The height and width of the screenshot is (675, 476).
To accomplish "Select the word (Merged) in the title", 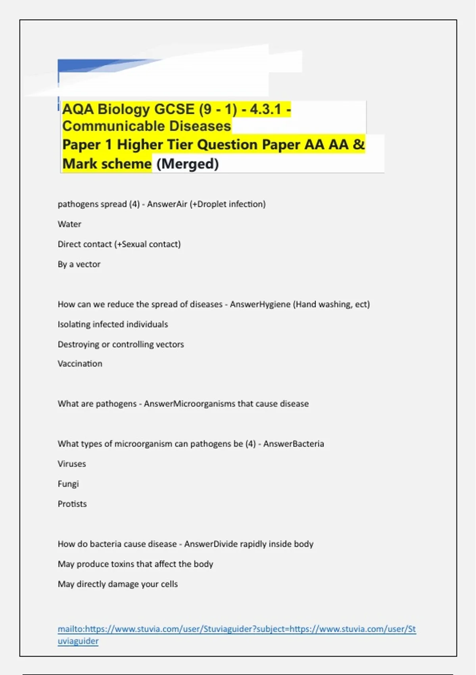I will (188, 164).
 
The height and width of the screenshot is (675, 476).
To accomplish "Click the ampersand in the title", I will (359, 144).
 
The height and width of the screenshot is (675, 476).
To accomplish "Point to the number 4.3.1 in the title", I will (265, 109).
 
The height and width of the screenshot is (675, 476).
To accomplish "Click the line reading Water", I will (69, 224).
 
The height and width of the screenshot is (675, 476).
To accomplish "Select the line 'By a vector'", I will (79, 264).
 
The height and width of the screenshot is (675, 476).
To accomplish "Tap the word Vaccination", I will (80, 364).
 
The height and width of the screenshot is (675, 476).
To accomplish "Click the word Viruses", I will (72, 464).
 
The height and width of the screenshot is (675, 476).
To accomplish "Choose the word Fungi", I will (68, 484).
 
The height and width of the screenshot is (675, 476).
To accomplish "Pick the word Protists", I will (72, 504).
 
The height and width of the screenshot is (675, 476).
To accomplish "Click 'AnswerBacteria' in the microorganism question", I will (294, 444).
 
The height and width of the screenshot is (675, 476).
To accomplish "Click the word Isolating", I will (74, 324).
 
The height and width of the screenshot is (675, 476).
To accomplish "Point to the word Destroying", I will (79, 344).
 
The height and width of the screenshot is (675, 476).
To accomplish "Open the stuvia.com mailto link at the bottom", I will (236, 629).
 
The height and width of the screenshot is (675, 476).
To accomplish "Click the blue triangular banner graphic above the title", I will (103, 66).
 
